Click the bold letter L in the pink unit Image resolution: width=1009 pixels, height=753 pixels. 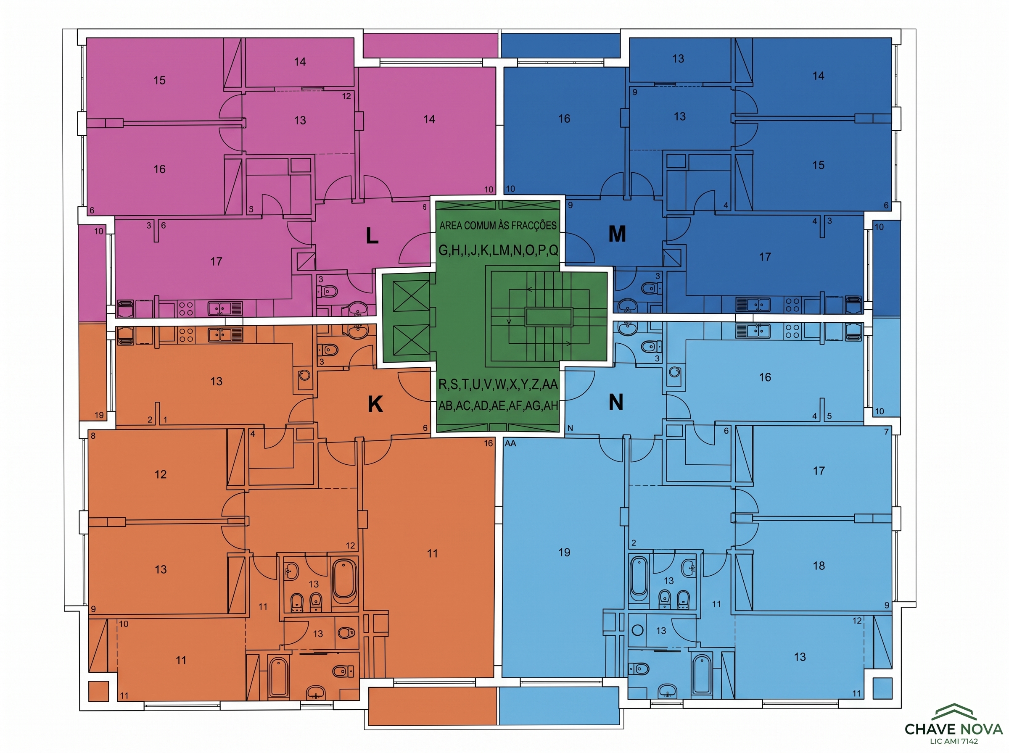[372, 236]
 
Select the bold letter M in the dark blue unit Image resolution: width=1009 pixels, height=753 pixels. [617, 234]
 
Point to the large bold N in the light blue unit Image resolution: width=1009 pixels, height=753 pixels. [616, 403]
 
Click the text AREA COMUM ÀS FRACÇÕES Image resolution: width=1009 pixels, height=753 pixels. [498, 225]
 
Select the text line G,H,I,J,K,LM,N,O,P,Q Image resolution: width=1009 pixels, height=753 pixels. [498, 250]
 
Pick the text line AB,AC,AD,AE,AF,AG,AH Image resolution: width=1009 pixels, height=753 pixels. [498, 405]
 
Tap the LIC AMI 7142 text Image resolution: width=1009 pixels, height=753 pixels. [954, 741]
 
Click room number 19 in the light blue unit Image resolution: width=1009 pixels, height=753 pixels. [565, 553]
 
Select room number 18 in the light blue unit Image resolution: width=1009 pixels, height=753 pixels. [819, 566]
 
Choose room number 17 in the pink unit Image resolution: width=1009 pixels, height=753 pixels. [216, 261]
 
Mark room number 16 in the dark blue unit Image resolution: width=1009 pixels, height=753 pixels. [565, 118]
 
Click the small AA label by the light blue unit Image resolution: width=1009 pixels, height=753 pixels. [510, 443]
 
